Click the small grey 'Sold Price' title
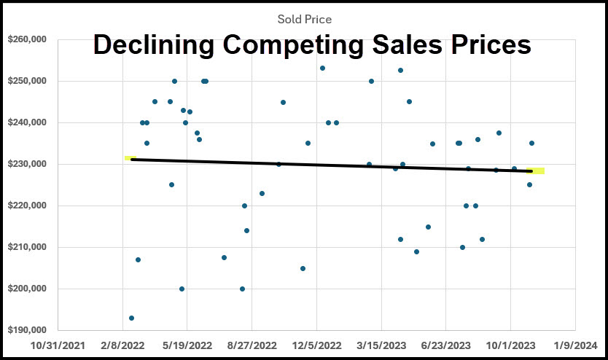pos(304,20)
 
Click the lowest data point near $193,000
pos(131,318)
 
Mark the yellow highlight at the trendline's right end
pos(536,171)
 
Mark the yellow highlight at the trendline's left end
pos(130,157)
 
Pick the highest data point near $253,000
pos(322,68)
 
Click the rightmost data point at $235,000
pos(531,143)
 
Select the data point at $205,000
pos(303,268)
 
